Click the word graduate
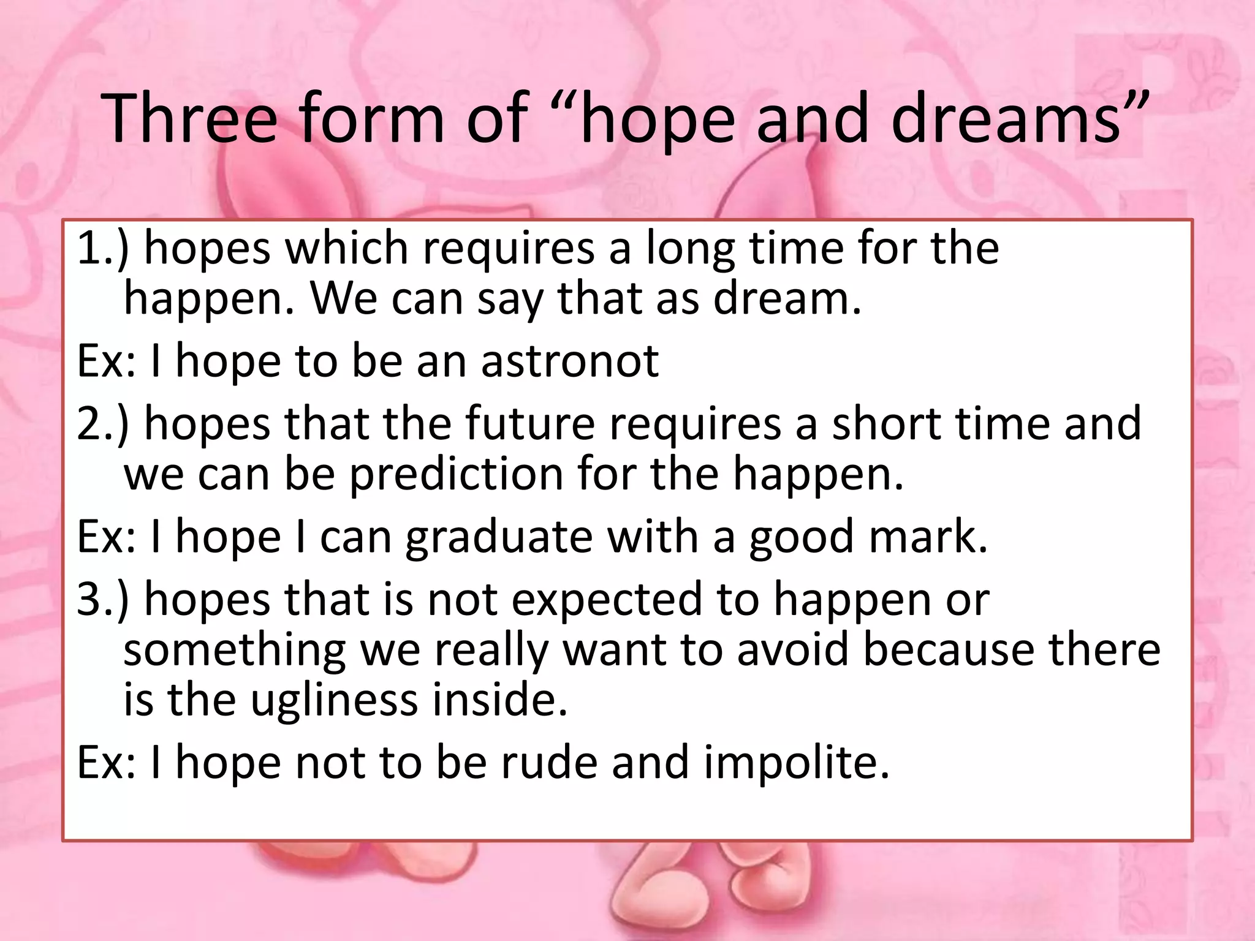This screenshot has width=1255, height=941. tap(499, 537)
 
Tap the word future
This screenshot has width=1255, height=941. tap(529, 423)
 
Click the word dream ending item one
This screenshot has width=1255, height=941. tap(787, 299)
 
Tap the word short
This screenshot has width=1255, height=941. tap(886, 423)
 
